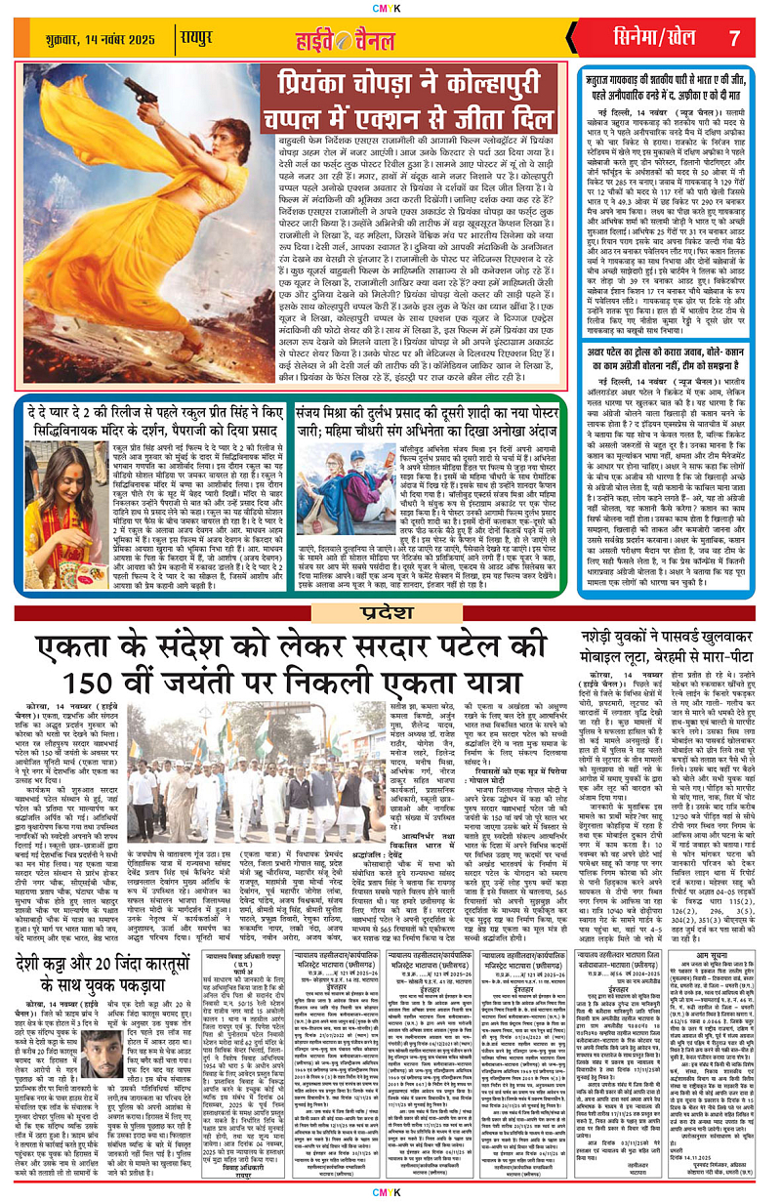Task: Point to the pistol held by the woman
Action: click(137, 94)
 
